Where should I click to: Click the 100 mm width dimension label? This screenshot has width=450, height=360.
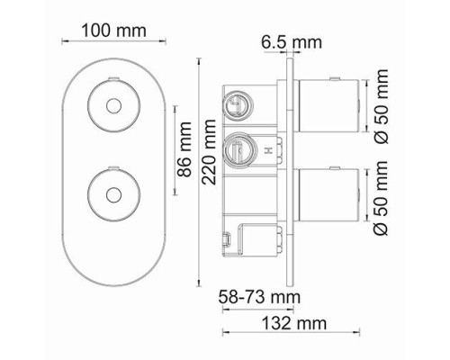pos(114,31)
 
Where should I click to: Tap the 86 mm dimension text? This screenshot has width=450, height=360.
pos(184,149)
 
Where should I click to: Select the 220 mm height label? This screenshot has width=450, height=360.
pos(209,152)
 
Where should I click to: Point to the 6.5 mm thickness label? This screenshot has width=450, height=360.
pos(292,42)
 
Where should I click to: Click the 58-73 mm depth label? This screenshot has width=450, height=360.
pos(259,297)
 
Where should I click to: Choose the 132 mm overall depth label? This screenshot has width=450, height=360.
pos(294,323)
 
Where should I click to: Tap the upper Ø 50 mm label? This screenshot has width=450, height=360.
pos(381,106)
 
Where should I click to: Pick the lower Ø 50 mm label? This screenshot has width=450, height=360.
pos(381,198)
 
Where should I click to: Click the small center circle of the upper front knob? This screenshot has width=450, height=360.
pos(113,106)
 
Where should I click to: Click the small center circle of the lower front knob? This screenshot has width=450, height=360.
pos(113,195)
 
